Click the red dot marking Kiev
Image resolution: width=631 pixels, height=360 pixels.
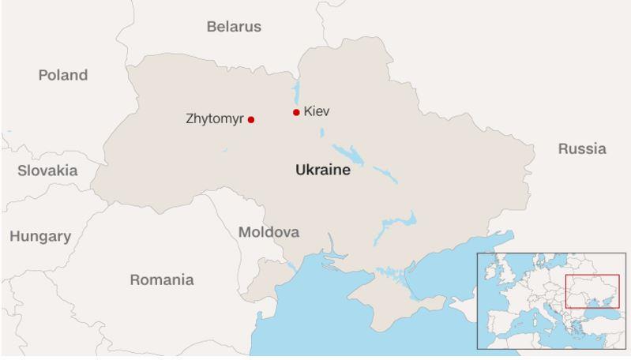(x=296, y=112)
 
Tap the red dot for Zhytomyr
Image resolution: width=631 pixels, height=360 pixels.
(x=251, y=120)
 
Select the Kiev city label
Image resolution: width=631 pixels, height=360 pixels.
(x=316, y=111)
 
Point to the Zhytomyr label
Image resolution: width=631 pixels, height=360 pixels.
(x=215, y=120)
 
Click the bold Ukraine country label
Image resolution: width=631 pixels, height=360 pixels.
(x=322, y=170)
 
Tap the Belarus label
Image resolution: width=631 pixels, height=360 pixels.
(x=234, y=27)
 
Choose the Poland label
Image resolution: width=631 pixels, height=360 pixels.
(x=63, y=76)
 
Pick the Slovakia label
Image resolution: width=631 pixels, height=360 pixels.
(x=47, y=171)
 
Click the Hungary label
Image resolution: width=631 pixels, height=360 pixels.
(x=40, y=236)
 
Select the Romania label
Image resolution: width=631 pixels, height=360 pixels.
(x=161, y=279)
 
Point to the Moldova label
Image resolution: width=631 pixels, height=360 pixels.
(x=269, y=232)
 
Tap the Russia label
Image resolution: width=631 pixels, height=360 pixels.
(x=582, y=148)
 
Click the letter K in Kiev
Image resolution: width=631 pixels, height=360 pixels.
(x=307, y=111)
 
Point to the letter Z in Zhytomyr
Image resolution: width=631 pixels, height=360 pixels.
(x=190, y=120)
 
